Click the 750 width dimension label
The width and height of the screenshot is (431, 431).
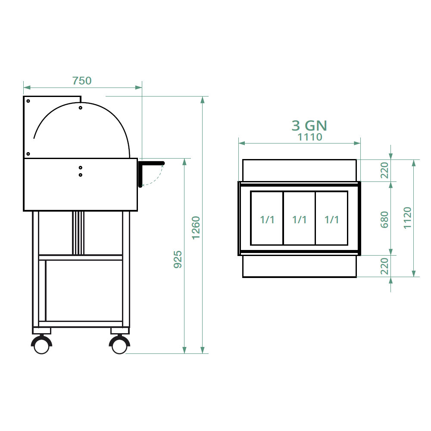point(81,81)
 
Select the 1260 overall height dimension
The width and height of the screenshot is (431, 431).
point(196,228)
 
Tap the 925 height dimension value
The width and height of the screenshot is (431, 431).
point(178,259)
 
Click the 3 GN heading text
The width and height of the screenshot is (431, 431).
point(309,125)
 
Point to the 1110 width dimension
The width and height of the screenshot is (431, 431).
point(310,137)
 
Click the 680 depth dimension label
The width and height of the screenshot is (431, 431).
point(384,220)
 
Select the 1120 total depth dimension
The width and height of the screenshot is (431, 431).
point(407,218)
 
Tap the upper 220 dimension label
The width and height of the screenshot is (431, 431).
point(384,170)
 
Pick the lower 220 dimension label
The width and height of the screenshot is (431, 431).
point(384,266)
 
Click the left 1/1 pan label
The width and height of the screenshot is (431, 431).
point(267,220)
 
